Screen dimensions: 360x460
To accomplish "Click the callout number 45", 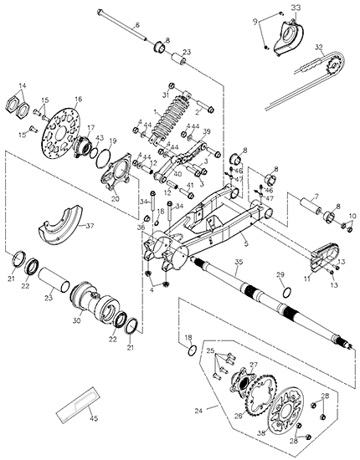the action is point(94,418).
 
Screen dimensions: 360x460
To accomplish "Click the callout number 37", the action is point(90,226).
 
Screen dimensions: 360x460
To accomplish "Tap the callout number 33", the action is point(296,8).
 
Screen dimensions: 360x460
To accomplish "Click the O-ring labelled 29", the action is point(287,292).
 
